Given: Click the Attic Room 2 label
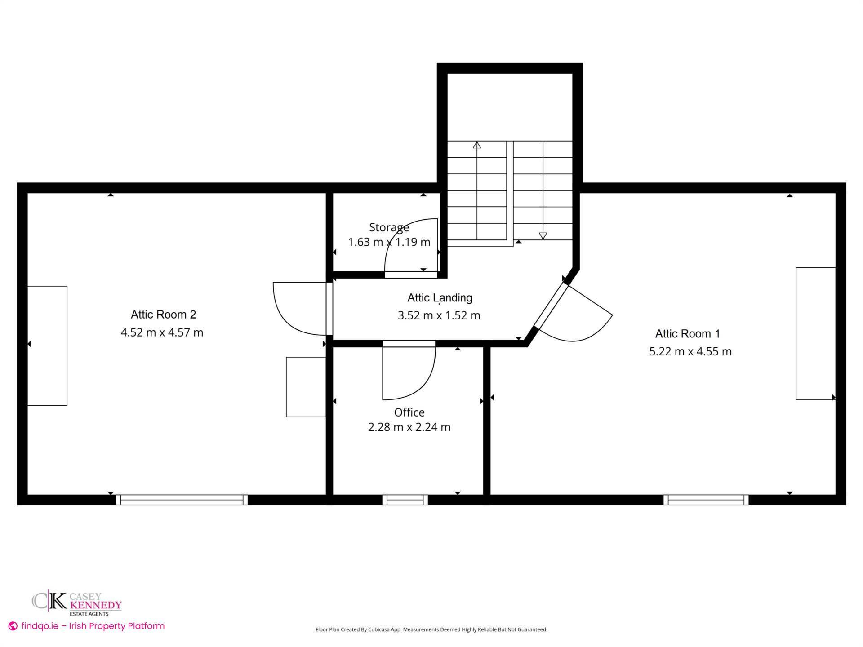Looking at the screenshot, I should tap(163, 315).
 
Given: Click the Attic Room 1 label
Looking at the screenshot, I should tap(687, 334).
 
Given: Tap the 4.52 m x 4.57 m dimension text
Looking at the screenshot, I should tap(162, 332).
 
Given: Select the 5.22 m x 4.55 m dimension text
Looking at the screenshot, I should tap(690, 351).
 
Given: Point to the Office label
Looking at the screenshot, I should tap(409, 412).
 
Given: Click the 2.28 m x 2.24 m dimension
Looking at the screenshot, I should tap(409, 427).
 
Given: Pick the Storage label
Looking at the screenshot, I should tap(389, 227).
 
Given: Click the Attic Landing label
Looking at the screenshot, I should tap(440, 298).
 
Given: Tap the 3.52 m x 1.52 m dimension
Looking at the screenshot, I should tap(439, 315).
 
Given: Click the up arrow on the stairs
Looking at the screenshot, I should tap(477, 145).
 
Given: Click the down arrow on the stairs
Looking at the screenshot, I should tap(543, 235).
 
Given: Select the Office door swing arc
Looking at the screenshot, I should tap(418, 382).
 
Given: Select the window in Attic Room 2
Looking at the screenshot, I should tap(182, 500).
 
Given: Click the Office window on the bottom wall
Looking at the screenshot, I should tap(405, 500).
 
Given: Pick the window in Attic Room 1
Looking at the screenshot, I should tap(706, 500).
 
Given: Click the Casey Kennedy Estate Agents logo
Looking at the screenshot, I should tap(77, 603).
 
